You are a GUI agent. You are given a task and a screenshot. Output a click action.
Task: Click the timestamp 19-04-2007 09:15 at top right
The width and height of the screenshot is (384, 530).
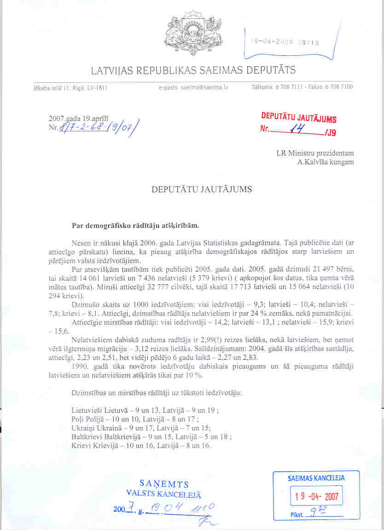pos(285,42)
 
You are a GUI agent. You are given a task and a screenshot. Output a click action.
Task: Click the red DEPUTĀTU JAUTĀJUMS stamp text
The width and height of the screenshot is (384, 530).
pos(298,118)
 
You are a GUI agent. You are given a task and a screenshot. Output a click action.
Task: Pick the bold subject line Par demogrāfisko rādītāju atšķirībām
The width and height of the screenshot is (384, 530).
pos(135,225)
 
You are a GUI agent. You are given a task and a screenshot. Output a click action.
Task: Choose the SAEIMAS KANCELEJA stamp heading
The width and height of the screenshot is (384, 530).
pos(316,478)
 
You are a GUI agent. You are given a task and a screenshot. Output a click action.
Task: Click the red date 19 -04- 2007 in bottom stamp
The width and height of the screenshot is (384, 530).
pos(316,496)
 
